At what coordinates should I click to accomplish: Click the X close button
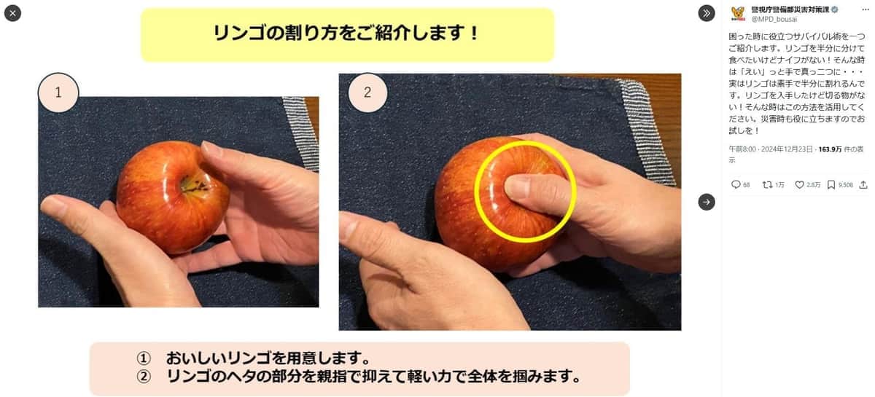click(x=12, y=13)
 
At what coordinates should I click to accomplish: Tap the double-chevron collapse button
click(x=707, y=13)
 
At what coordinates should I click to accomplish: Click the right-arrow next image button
click(x=707, y=202)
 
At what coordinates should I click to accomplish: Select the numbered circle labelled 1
click(x=58, y=93)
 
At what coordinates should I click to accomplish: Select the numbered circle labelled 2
click(x=367, y=93)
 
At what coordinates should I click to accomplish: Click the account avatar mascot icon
click(x=738, y=13)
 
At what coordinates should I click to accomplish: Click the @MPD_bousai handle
click(x=774, y=19)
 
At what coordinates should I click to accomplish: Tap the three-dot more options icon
click(x=865, y=9)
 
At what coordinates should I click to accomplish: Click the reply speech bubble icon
click(x=736, y=184)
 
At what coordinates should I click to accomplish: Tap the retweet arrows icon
click(x=767, y=184)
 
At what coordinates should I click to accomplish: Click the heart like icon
click(x=800, y=184)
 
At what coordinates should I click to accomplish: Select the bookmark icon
click(x=831, y=184)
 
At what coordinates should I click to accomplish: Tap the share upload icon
click(x=863, y=184)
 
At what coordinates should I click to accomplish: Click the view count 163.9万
click(x=830, y=149)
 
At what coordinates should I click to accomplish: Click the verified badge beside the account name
click(x=834, y=9)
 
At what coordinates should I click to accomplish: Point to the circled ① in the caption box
click(x=144, y=358)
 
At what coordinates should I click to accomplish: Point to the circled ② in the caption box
click(x=144, y=377)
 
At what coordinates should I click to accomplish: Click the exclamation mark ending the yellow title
click(x=474, y=33)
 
